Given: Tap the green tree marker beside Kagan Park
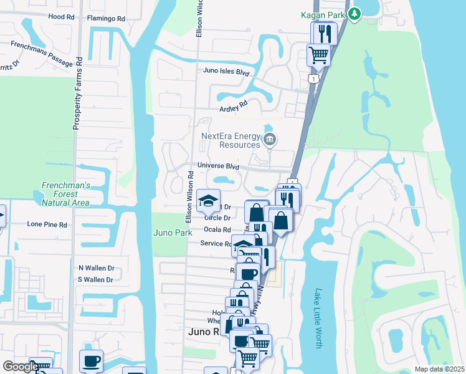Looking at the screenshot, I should click(x=354, y=13).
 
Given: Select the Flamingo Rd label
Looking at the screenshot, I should click(x=107, y=19).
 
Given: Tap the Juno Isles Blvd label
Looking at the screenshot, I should click(x=226, y=72).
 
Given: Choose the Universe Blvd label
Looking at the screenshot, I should click(x=219, y=166).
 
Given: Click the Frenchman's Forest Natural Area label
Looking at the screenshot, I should click(x=66, y=194).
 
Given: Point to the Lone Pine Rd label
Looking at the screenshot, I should click(x=46, y=223).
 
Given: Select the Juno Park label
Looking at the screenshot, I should click(x=173, y=232).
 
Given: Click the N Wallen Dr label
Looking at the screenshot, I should click(x=96, y=268).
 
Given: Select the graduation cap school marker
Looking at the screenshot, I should click(x=207, y=200).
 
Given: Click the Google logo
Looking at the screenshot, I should click(x=21, y=367).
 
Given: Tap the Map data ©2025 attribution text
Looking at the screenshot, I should click(x=439, y=369).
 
